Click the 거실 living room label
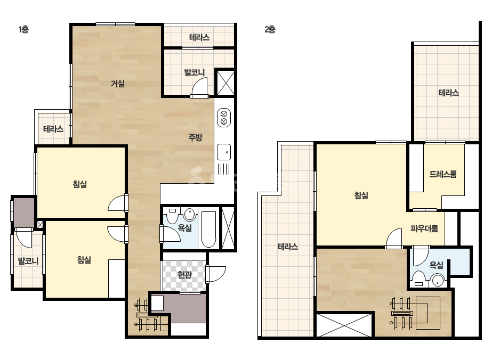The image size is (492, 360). pyautogui.click(x=118, y=84)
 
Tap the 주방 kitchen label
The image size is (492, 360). pyautogui.click(x=195, y=137)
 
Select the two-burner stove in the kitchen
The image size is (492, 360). pyautogui.click(x=224, y=118)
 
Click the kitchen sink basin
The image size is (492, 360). pyautogui.click(x=224, y=152)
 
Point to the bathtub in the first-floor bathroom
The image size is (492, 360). pyautogui.click(x=208, y=229)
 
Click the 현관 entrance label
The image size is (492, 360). pyautogui.click(x=184, y=275)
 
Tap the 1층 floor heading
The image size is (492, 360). pyautogui.click(x=23, y=29)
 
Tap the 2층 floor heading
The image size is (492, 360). pyautogui.click(x=270, y=29)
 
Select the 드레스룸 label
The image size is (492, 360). pyautogui.click(x=443, y=174)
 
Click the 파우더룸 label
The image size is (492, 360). pyautogui.click(x=424, y=228)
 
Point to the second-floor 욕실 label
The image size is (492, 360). pyautogui.click(x=436, y=265)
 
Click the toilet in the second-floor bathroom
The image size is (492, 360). pyautogui.click(x=418, y=279)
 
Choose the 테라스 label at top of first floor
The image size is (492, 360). pyautogui.click(x=199, y=38)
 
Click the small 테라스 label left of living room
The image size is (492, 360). pyautogui.click(x=53, y=128)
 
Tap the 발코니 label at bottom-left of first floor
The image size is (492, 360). pyautogui.click(x=28, y=260)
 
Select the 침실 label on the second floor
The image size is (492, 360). pyautogui.click(x=361, y=195)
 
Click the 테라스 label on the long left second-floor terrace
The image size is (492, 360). pyautogui.click(x=288, y=247)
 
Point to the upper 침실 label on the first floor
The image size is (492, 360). pyautogui.click(x=80, y=184)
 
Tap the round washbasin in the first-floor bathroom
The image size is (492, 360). pyautogui.click(x=190, y=215)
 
